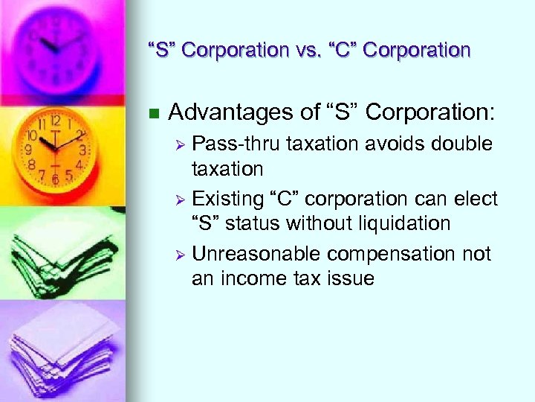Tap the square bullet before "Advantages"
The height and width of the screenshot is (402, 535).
[154, 114]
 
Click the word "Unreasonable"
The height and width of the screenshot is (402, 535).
[256, 255]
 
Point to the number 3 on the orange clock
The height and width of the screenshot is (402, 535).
[82, 150]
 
